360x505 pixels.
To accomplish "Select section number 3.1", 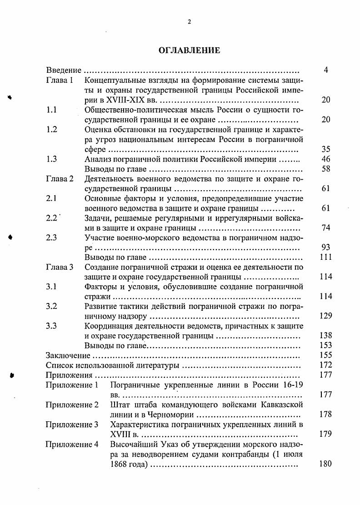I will click(x=52, y=287).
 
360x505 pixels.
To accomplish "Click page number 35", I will click(x=325, y=149).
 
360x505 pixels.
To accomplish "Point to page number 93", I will click(x=325, y=247).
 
